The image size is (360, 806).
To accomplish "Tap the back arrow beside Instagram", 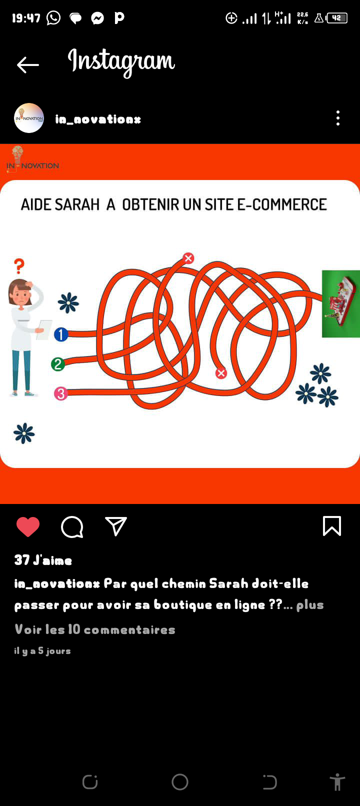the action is coord(27,65).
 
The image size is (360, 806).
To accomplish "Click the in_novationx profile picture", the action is coord(29,118).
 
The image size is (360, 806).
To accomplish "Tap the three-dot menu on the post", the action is coord(337,118).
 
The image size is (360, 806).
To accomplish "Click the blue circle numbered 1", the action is coord(61,334).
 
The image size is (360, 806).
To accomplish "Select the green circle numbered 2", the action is coord(58,364).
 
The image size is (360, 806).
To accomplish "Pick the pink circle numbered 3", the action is coord(61,393).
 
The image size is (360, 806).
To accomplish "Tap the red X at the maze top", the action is coord(188,258).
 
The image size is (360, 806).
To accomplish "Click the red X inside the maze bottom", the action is coord(221,373).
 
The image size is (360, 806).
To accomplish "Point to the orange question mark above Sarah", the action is coord(19,266).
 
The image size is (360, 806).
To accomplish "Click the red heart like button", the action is coord(27,526).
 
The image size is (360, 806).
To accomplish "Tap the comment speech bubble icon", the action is coord(72,527).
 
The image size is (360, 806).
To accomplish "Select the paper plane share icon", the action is coord(115,526).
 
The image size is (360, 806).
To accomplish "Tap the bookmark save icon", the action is coord(331,526).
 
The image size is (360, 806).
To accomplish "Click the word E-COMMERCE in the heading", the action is coord(281,204).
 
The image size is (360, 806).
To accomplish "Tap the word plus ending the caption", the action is coord(310,605).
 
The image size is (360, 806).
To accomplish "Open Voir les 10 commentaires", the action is coord(94,629).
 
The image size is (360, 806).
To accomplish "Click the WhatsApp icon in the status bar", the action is coord(53,17).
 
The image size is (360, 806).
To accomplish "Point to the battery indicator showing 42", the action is coord(336,18).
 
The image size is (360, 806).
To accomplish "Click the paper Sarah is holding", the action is coord(44,329).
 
